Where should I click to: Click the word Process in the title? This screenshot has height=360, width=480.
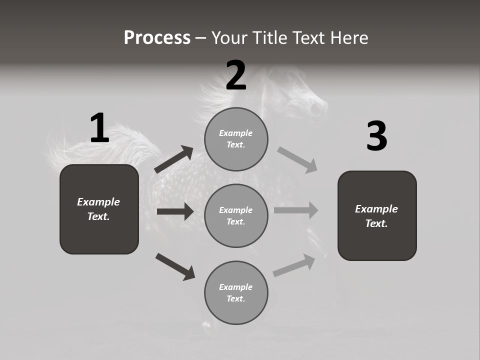[x=157, y=38]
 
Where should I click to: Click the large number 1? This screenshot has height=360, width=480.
[x=99, y=128]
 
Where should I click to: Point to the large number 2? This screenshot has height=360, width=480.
[x=236, y=75]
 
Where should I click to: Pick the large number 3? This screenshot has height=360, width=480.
[x=376, y=136]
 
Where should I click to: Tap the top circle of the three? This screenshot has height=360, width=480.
[x=236, y=139]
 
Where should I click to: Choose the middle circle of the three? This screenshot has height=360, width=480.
[x=236, y=216]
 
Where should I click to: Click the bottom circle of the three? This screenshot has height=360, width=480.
[x=236, y=293]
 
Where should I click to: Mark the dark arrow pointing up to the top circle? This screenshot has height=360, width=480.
[x=174, y=159]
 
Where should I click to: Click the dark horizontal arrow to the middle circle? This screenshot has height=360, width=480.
[x=175, y=211]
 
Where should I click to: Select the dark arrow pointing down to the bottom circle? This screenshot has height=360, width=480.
[x=175, y=266]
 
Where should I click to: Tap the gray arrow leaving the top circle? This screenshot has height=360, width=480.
[x=297, y=159]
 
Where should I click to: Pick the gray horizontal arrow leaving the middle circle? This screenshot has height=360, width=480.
[x=296, y=210]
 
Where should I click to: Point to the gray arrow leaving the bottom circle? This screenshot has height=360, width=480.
[x=294, y=265]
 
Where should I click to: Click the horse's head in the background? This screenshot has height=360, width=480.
[x=310, y=100]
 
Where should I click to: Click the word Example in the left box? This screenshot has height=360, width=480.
[x=98, y=202]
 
